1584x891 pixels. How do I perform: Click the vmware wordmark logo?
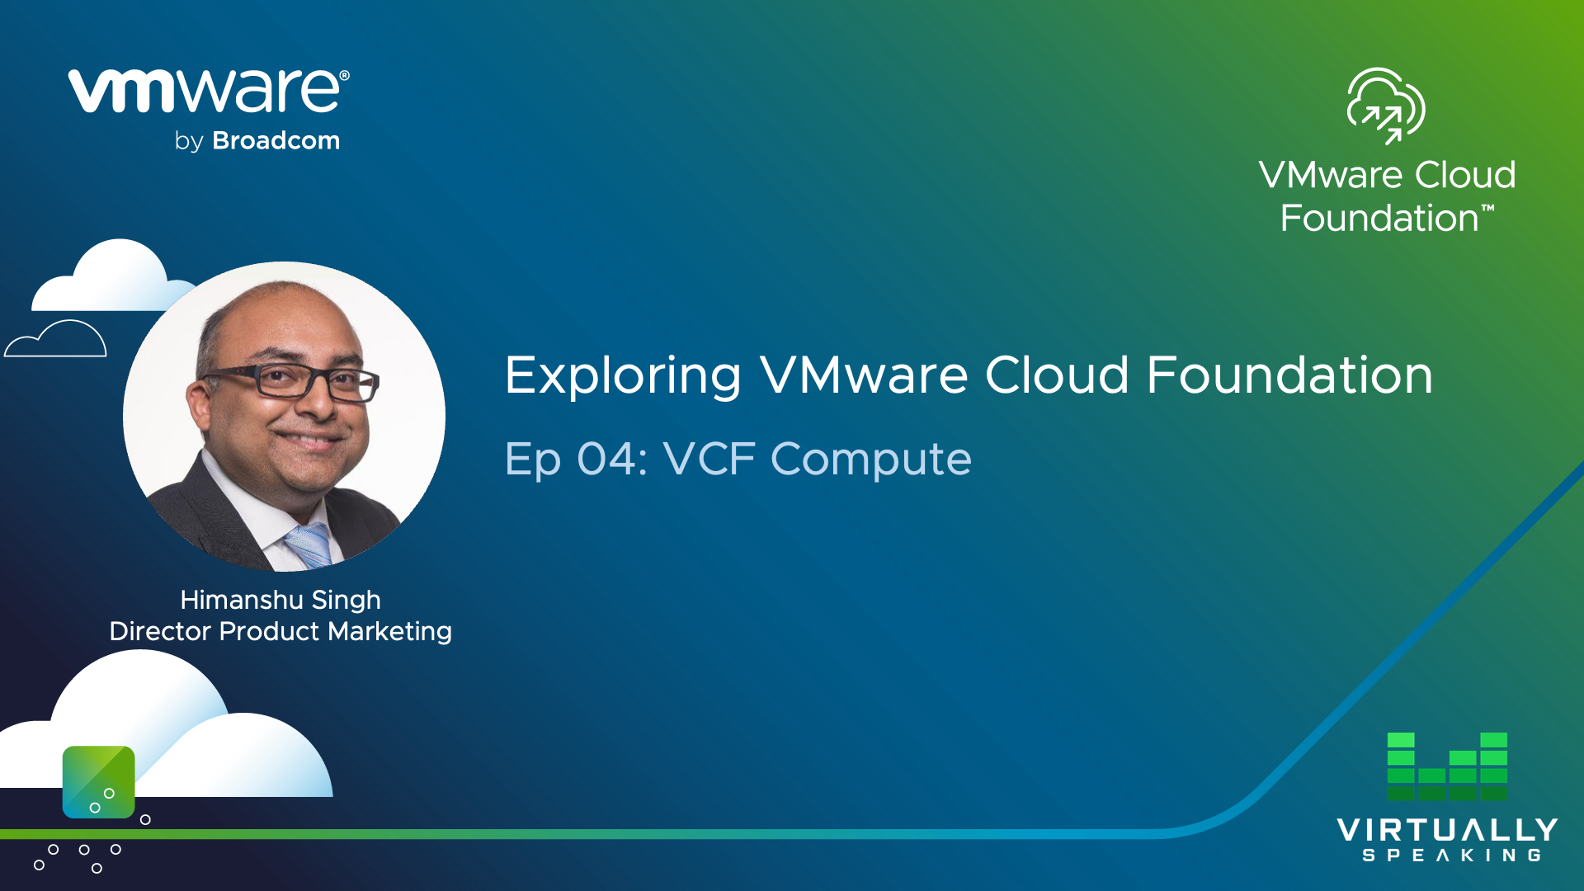pyautogui.click(x=209, y=91)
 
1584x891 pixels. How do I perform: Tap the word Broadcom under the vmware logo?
pyautogui.click(x=276, y=140)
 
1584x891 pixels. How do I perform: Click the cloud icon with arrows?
pyautogui.click(x=1386, y=106)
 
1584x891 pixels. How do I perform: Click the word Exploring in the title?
pyautogui.click(x=623, y=376)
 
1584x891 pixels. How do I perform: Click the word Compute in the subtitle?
pyautogui.click(x=871, y=460)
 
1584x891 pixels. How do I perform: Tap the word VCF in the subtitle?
pyautogui.click(x=709, y=459)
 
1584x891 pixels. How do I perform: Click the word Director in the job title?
pyautogui.click(x=161, y=631)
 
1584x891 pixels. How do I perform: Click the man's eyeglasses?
pyautogui.click(x=290, y=381)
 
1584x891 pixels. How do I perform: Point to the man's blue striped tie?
pyautogui.click(x=309, y=545)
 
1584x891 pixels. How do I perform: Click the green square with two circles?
pyautogui.click(x=99, y=782)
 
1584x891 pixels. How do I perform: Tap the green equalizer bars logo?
pyautogui.click(x=1447, y=766)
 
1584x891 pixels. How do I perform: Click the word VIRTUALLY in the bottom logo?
pyautogui.click(x=1447, y=830)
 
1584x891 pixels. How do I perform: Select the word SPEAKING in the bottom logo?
pyautogui.click(x=1452, y=856)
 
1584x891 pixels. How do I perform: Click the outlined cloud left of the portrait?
pyautogui.click(x=55, y=338)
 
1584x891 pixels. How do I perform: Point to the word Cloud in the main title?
pyautogui.click(x=1057, y=376)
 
